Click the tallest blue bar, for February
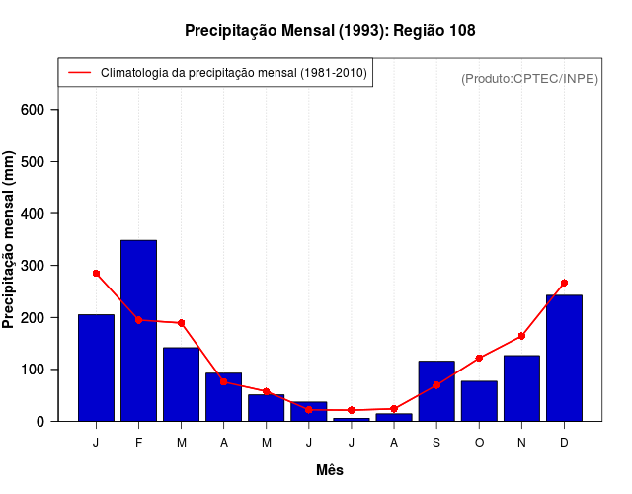tap(138, 331)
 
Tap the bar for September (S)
tap(436, 391)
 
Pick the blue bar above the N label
tap(521, 388)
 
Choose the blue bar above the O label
tap(479, 401)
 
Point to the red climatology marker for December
tap(564, 283)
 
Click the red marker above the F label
tap(138, 320)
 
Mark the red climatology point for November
tap(521, 336)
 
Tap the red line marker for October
tap(479, 358)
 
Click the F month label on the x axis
tap(138, 443)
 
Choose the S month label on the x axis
tap(436, 443)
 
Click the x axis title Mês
tap(330, 470)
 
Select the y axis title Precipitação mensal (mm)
tap(10, 240)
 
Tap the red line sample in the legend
tap(79, 73)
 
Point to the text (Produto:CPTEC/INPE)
tap(529, 78)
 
